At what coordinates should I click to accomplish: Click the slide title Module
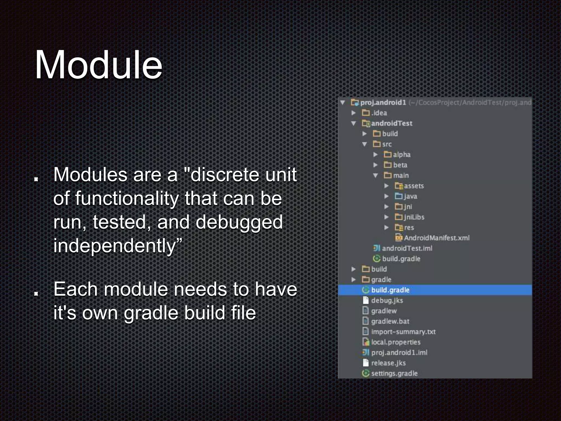[98, 65]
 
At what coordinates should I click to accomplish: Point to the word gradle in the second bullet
[151, 313]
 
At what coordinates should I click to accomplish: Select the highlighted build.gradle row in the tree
[390, 290]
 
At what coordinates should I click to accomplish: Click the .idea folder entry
[379, 113]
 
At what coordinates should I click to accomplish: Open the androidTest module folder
[391, 123]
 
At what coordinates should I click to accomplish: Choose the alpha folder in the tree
[402, 155]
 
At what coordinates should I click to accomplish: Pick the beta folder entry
[400, 165]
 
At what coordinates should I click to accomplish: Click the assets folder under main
[414, 186]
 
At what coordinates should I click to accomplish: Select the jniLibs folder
[414, 217]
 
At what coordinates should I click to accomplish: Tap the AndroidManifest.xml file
[436, 238]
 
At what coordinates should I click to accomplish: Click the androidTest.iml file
[407, 248]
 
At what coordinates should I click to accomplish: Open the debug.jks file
[387, 300]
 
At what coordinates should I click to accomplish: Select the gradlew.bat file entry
[390, 321]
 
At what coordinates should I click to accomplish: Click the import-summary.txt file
[403, 332]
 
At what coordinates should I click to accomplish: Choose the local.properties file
[396, 342]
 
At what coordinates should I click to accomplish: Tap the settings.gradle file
[394, 373]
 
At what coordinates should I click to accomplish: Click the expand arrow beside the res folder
[386, 227]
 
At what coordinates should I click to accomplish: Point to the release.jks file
[388, 363]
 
